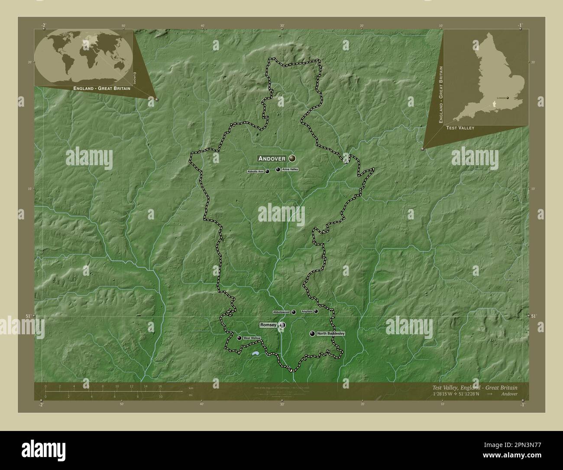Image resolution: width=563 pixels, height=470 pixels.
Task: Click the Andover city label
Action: coord(272,159)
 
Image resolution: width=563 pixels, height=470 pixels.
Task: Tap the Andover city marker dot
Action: coord(292,158)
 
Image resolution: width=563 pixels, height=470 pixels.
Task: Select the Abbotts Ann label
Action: coord(255,172)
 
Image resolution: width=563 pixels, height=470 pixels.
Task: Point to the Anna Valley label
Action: coord(290,169)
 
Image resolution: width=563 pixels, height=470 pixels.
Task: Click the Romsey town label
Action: coord(268,325)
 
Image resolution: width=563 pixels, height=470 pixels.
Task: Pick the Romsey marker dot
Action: coord(282,325)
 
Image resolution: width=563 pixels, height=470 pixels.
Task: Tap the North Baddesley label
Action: coord(331,333)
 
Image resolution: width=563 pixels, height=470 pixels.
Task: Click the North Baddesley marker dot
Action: coord(312,333)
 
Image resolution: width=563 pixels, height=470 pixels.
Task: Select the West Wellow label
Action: coord(252,338)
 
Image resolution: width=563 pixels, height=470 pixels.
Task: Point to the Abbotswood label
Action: coord(281,312)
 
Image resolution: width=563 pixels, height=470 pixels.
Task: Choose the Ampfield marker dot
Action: coord(316,311)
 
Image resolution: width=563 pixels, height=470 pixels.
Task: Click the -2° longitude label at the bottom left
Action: coord(41,405)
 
